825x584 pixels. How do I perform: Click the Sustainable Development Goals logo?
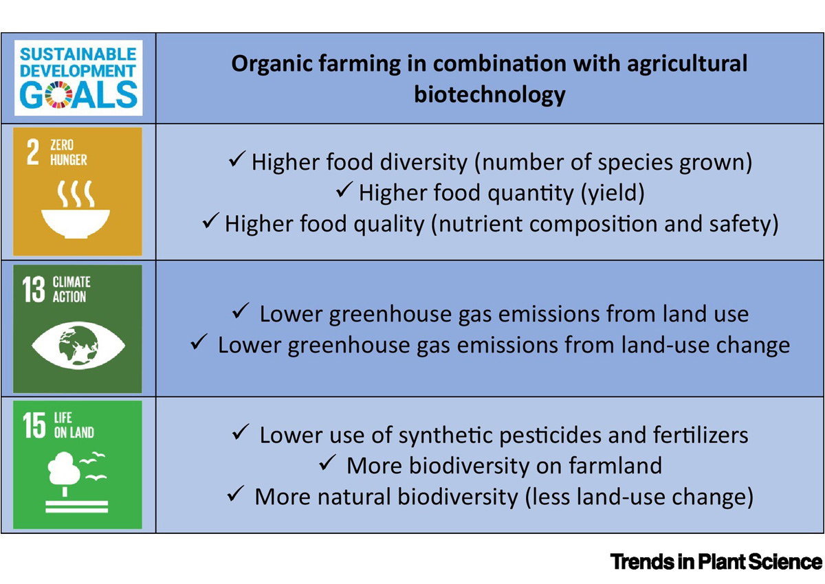[x=78, y=78]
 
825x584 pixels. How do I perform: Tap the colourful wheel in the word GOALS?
[x=58, y=95]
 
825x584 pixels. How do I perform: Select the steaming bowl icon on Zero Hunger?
[x=76, y=209]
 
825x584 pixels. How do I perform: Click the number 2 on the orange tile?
[x=33, y=151]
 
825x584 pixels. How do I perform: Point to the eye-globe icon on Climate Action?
[x=78, y=345]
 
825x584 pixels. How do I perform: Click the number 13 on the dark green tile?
[x=34, y=289]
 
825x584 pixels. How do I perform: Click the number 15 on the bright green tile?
[x=34, y=425]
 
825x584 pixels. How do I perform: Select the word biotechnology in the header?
[x=489, y=95]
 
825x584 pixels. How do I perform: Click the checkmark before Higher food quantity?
[x=344, y=190]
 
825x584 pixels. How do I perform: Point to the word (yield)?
[x=613, y=193]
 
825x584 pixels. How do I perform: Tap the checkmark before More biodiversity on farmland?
[x=327, y=462]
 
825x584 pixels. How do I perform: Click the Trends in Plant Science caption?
[x=716, y=562]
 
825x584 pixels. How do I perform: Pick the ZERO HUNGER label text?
[x=69, y=153]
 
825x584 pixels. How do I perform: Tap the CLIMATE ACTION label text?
[x=71, y=289]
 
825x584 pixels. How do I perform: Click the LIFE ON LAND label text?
[x=74, y=425]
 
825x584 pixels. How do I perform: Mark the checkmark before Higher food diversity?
[x=236, y=159]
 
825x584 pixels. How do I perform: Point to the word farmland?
[x=615, y=465]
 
